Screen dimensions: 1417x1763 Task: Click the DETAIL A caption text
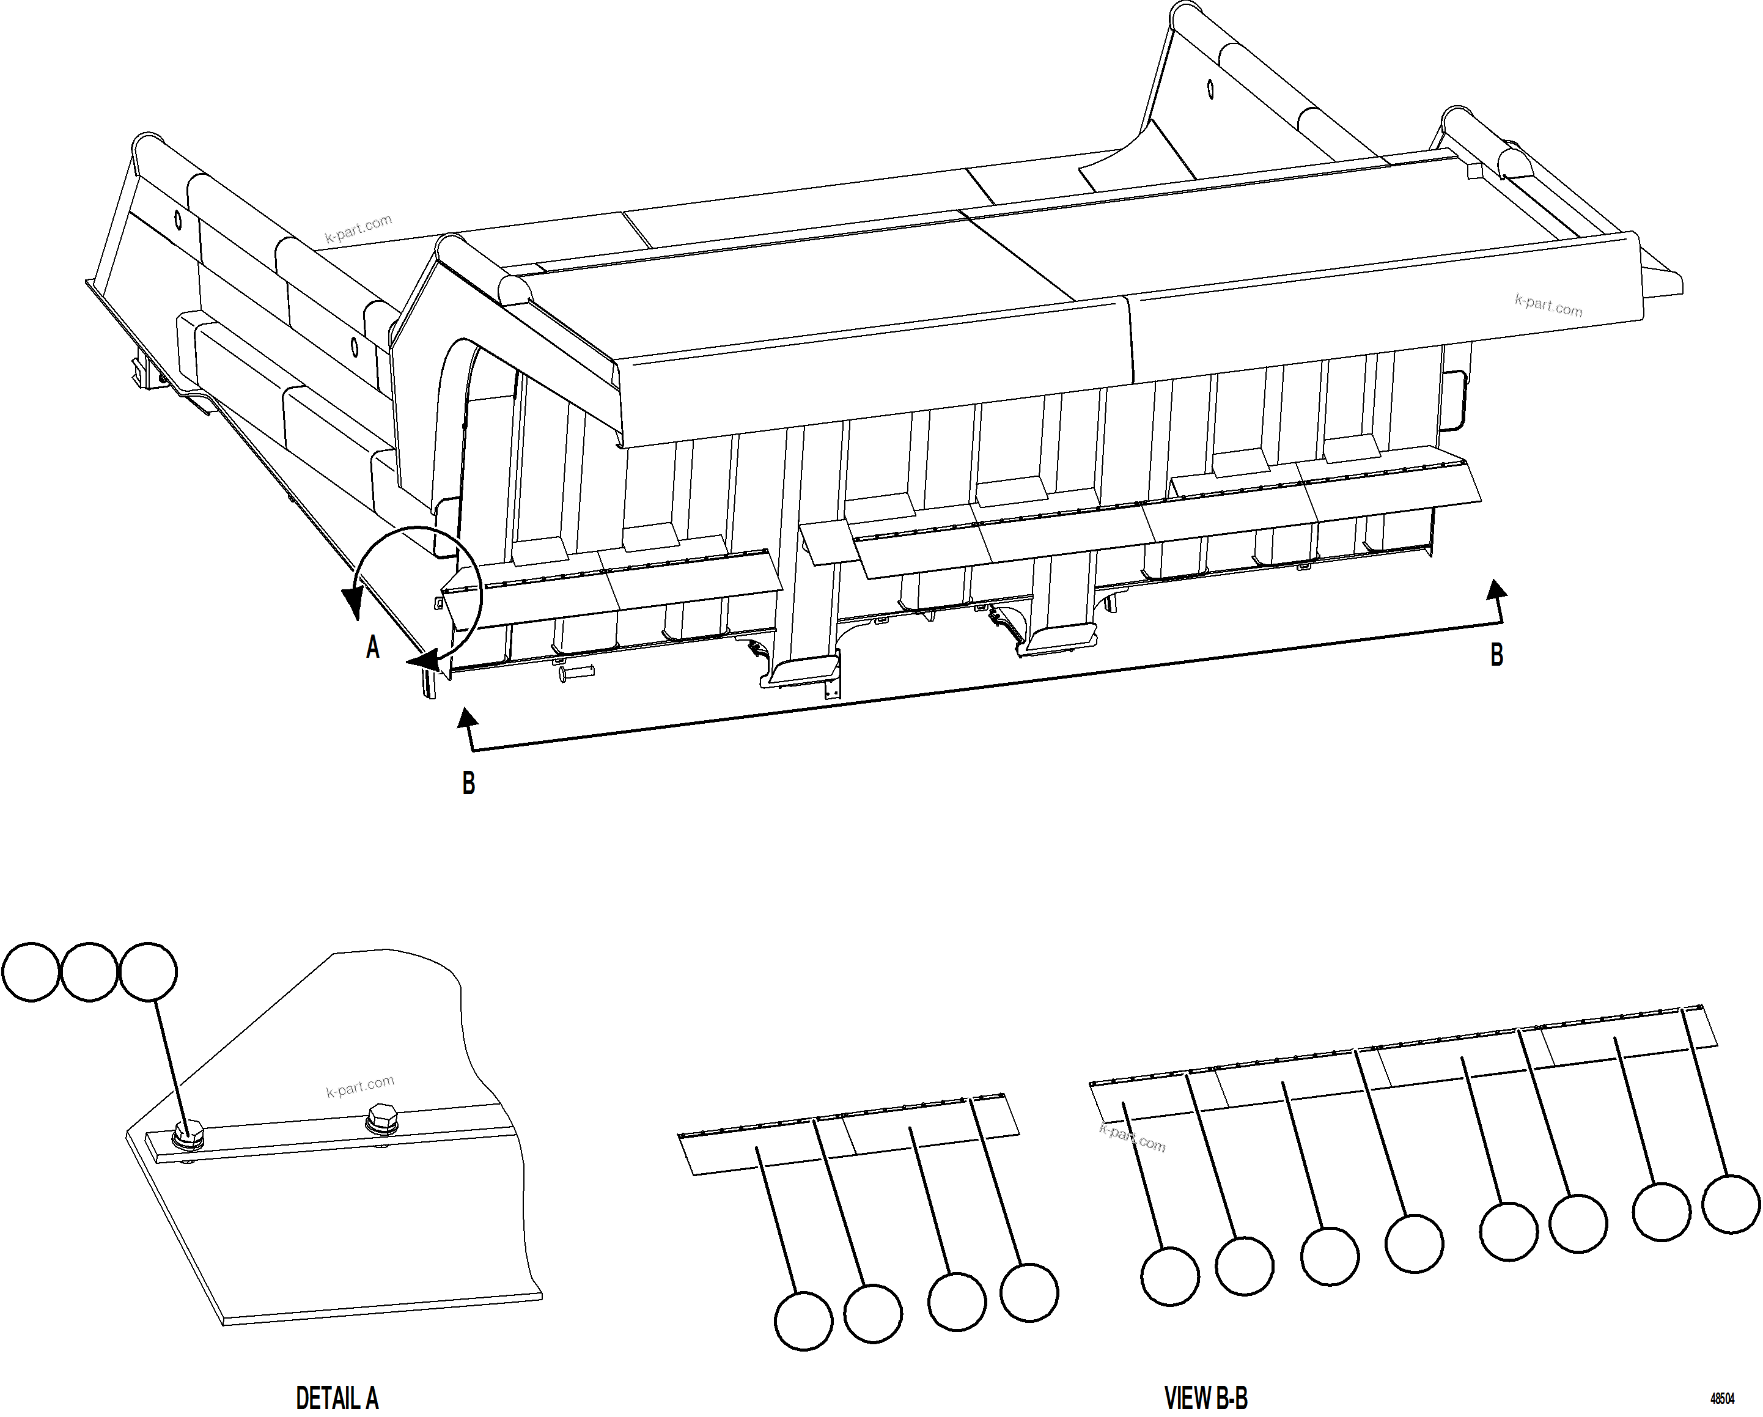pyautogui.click(x=337, y=1397)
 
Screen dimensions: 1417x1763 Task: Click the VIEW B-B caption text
pyautogui.click(x=1205, y=1397)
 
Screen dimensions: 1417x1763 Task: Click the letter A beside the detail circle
pyautogui.click(x=373, y=647)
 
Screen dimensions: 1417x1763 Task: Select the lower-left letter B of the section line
pyautogui.click(x=468, y=783)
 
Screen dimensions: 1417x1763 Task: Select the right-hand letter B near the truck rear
pyautogui.click(x=1496, y=655)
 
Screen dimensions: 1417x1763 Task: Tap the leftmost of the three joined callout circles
pyautogui.click(x=31, y=972)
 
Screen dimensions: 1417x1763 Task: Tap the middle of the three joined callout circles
pyautogui.click(x=89, y=972)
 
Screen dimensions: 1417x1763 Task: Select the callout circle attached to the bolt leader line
pyautogui.click(x=148, y=972)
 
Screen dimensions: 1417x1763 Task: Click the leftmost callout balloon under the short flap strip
pyautogui.click(x=803, y=1320)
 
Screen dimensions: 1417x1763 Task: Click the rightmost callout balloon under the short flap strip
pyautogui.click(x=1029, y=1293)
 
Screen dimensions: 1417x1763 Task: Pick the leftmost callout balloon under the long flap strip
pyautogui.click(x=1169, y=1276)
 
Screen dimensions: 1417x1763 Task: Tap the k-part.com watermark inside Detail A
pyautogui.click(x=360, y=1087)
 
